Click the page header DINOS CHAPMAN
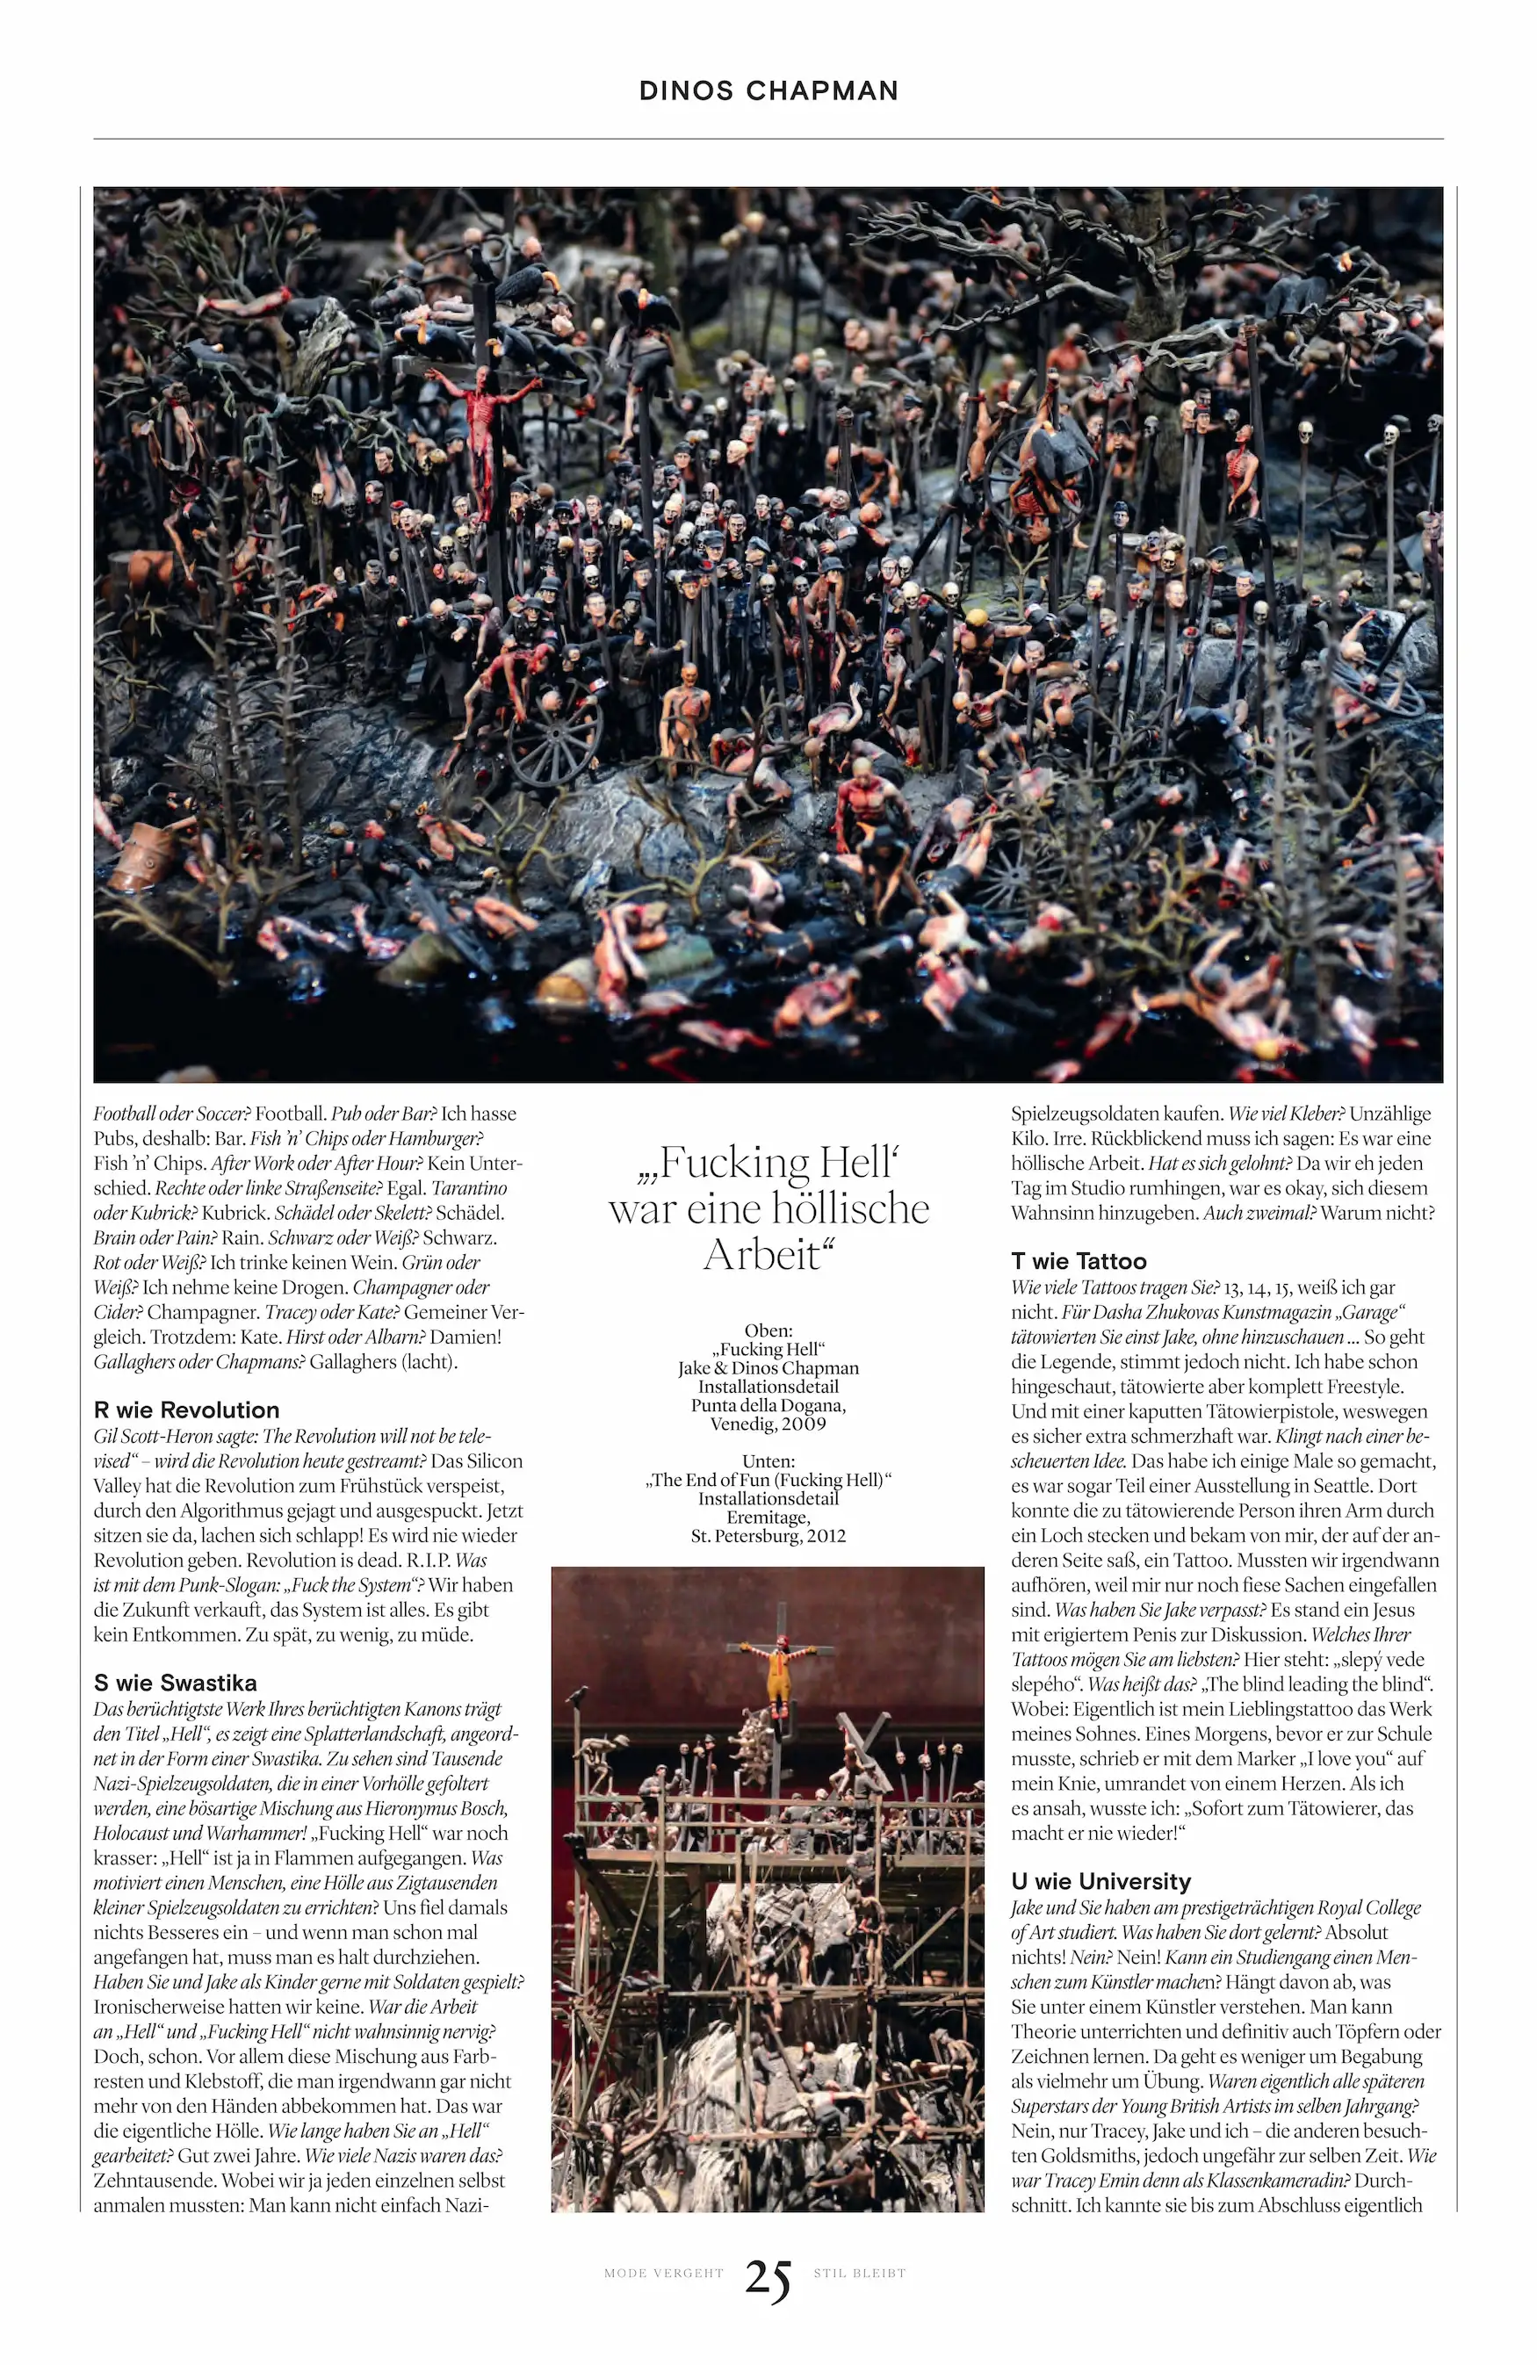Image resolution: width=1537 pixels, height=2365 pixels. click(x=768, y=90)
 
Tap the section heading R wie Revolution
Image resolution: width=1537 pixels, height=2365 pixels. click(x=187, y=1410)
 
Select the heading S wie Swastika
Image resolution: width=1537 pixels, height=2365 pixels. click(x=175, y=1684)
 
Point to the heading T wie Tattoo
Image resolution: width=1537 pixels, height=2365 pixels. click(x=1079, y=1261)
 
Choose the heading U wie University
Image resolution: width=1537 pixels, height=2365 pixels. click(x=1100, y=1881)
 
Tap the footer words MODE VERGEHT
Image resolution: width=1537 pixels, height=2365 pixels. click(x=664, y=2273)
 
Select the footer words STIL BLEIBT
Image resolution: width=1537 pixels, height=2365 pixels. click(x=860, y=2273)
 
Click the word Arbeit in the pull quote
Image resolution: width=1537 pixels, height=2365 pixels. click(x=763, y=1255)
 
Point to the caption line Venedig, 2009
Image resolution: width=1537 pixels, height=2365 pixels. click(x=768, y=1424)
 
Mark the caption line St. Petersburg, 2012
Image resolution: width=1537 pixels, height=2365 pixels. click(x=768, y=1535)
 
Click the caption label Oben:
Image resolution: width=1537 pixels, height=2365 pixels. click(x=768, y=1330)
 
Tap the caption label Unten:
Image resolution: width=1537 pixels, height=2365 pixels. click(x=768, y=1460)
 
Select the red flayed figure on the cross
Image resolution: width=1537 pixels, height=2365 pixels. click(x=484, y=428)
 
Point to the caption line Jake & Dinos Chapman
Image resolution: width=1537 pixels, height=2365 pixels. click(x=768, y=1368)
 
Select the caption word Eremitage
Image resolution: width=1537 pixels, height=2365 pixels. click(x=768, y=1518)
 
